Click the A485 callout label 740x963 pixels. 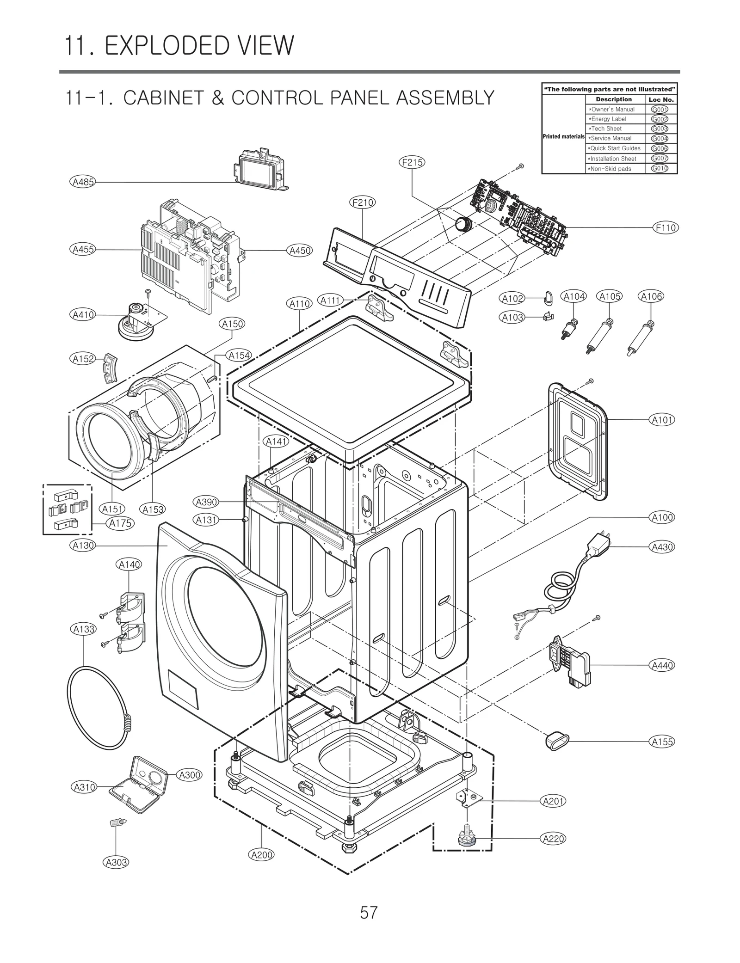(83, 182)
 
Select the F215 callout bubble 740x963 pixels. (412, 162)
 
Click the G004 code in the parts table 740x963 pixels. (659, 138)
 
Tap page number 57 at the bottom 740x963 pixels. (369, 913)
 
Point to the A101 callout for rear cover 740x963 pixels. (662, 420)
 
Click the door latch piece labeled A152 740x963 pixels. (109, 368)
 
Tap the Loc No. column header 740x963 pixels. (661, 99)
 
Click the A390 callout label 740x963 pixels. (205, 502)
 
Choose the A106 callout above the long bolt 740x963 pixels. (651, 296)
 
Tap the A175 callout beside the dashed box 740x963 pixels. (120, 523)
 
